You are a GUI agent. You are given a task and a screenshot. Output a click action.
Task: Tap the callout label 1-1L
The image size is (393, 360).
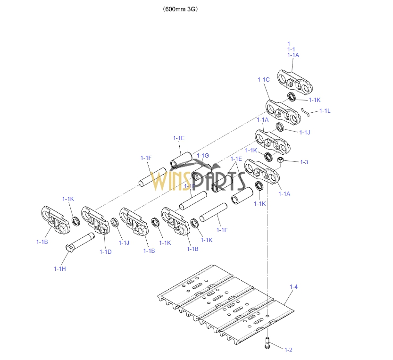coord(325,111)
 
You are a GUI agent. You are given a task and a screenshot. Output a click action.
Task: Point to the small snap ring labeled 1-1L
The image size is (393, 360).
coord(305,111)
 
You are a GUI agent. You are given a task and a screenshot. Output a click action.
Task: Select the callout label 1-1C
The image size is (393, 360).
coord(263,80)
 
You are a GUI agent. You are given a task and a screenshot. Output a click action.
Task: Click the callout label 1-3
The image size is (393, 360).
coord(304,162)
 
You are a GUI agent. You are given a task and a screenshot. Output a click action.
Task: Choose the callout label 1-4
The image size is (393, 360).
coord(293,287)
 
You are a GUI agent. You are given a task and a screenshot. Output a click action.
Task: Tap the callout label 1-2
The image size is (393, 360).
coord(288,350)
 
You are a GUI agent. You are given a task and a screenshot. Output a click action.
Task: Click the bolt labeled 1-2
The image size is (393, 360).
coord(268,343)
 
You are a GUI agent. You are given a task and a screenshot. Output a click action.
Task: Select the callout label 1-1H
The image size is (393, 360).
coord(60,268)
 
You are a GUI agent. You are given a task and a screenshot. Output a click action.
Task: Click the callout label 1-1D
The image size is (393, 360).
coord(105,251)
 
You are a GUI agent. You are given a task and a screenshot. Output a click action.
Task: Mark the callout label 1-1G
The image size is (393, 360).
coord(202,156)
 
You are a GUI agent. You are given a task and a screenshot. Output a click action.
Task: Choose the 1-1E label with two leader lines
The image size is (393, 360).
coord(236,159)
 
